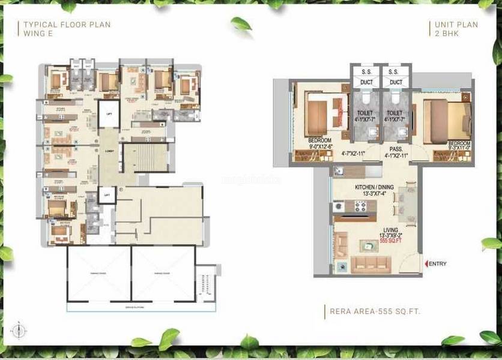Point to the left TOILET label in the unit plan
(x=365, y=112)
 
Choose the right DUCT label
(x=396, y=82)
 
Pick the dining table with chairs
(x=404, y=204)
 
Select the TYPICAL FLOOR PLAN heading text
(x=67, y=25)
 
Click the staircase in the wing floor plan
(x=142, y=157)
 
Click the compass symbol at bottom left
(x=20, y=328)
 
